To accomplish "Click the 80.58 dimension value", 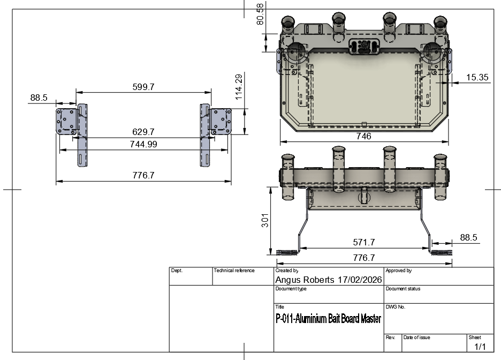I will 261,13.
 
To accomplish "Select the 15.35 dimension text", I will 477,78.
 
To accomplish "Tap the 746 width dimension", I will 363,136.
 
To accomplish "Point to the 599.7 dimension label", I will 143,87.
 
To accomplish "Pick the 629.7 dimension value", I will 143,132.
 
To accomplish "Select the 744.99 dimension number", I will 143,144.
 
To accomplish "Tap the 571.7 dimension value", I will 365,242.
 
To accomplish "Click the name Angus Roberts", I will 306,280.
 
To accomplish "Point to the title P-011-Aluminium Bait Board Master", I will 328,319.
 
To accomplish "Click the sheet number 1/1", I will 480,347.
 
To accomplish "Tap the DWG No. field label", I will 396,307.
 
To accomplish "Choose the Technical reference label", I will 234,271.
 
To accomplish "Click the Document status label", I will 403,289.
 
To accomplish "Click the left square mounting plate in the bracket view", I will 67,121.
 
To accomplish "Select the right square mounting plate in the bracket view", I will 221,121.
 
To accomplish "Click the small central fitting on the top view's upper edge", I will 363,46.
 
